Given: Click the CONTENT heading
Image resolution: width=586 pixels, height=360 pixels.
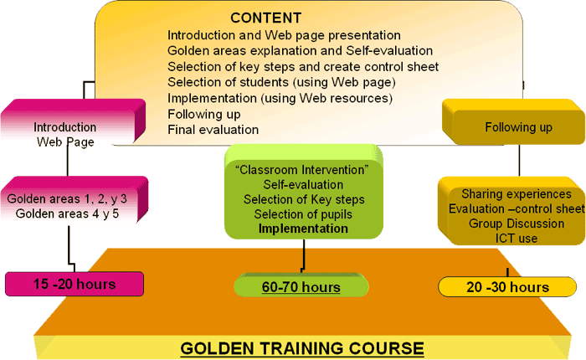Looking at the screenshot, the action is pos(265,18).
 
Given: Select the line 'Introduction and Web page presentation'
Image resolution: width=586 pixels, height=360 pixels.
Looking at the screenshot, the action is pos(284,35).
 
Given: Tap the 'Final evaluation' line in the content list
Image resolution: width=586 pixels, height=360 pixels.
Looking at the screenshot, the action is pos(213,130).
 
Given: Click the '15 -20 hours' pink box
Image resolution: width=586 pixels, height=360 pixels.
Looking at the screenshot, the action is pos(75,284).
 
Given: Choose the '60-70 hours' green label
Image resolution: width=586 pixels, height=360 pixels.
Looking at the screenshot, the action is pos(301,287).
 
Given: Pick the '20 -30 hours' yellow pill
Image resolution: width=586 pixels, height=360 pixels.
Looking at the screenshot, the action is pos(507,287).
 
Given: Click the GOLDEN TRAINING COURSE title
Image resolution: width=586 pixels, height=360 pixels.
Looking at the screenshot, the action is pos(302,348).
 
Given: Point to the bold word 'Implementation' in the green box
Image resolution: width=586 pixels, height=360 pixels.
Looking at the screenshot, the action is pos(303,229).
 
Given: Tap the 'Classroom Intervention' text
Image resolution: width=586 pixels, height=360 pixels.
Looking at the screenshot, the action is pos(302,170).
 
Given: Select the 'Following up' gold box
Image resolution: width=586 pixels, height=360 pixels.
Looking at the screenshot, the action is pos(513,122).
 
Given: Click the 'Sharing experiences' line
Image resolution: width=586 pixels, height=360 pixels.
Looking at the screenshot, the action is pos(517,194).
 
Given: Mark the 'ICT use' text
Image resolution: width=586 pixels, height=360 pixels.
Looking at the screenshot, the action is pos(517,238).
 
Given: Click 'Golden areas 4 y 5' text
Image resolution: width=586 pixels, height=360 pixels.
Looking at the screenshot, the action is pos(67,213).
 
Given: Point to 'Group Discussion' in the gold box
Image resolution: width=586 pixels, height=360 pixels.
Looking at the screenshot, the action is pos(517,224).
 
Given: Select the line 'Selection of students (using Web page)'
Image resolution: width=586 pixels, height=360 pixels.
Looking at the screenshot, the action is pos(281,82).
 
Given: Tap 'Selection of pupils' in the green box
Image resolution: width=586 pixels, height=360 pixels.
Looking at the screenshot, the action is pos(303,214).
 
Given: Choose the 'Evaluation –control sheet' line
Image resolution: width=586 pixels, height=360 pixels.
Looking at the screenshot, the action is pos(517,208).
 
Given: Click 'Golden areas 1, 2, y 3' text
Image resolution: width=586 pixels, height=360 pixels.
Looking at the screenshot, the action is pos(67,199).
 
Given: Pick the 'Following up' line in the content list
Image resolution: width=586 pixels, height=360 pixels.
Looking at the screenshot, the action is pos(204,114).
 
